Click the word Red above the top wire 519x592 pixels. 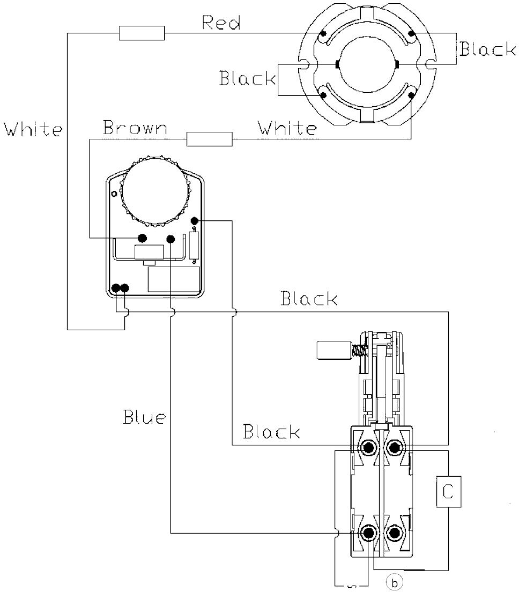click(x=221, y=23)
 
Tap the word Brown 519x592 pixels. click(x=135, y=128)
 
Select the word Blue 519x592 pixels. click(x=144, y=417)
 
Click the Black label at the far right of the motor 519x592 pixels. click(x=488, y=49)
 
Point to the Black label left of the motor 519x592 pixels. click(x=248, y=78)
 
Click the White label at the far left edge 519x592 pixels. click(x=33, y=129)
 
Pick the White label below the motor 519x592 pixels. click(x=287, y=128)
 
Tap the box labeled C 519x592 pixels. click(x=448, y=492)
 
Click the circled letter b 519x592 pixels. click(x=395, y=583)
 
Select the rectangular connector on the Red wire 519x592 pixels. click(x=142, y=33)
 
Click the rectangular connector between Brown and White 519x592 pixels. click(x=210, y=139)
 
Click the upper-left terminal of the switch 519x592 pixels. click(x=368, y=448)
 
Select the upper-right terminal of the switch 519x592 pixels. click(x=394, y=448)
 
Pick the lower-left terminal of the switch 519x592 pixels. click(x=368, y=532)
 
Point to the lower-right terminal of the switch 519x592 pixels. click(x=394, y=532)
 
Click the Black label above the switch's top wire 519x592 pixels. click(x=309, y=298)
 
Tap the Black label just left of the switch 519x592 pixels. click(x=271, y=431)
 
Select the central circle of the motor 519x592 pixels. click(x=367, y=64)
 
